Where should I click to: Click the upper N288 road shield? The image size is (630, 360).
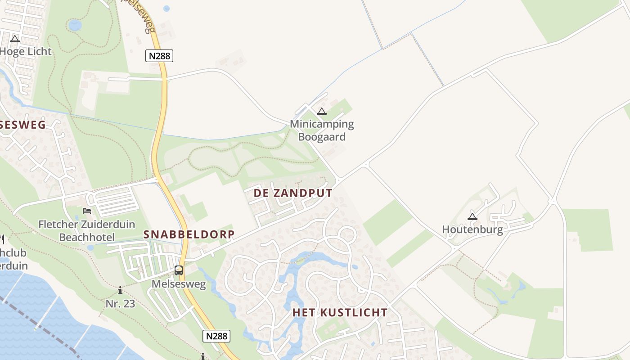pyautogui.click(x=159, y=56)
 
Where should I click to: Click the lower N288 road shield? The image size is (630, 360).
pyautogui.click(x=216, y=336)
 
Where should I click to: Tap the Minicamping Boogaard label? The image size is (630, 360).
pyautogui.click(x=322, y=130)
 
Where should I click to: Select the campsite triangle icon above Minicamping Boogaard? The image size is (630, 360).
pyautogui.click(x=321, y=112)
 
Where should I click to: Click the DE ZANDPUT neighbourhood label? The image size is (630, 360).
pyautogui.click(x=293, y=193)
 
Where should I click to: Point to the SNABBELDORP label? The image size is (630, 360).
pyautogui.click(x=189, y=234)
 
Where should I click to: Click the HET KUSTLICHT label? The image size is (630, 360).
pyautogui.click(x=340, y=312)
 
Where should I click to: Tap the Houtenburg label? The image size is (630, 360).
pyautogui.click(x=472, y=229)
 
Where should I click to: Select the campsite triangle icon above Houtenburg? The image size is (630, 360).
pyautogui.click(x=472, y=216)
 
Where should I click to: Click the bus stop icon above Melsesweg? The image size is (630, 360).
pyautogui.click(x=179, y=270)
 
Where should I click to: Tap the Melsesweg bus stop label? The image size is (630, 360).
pyautogui.click(x=179, y=284)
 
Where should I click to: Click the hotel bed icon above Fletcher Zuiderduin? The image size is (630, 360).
pyautogui.click(x=87, y=211)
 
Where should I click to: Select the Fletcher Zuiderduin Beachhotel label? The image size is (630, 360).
pyautogui.click(x=87, y=230)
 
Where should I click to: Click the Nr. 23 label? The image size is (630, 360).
pyautogui.click(x=120, y=303)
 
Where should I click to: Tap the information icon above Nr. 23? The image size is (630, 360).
pyautogui.click(x=120, y=291)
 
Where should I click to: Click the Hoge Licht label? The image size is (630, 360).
pyautogui.click(x=26, y=51)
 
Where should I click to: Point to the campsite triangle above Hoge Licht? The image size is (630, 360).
pyautogui.click(x=15, y=39)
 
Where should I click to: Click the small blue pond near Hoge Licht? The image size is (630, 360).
pyautogui.click(x=75, y=25)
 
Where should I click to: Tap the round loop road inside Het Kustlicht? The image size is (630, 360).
pyautogui.click(x=347, y=234)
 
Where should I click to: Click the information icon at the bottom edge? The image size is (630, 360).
pyautogui.click(x=203, y=357)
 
